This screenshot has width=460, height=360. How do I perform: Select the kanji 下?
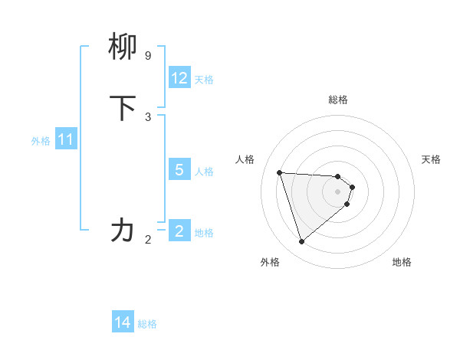(x=123, y=108)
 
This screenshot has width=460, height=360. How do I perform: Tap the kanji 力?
(x=123, y=230)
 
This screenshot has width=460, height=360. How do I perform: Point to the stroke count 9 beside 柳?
(x=148, y=56)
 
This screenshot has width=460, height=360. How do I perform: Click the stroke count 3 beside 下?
(x=148, y=116)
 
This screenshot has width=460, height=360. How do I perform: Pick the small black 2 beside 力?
(x=148, y=240)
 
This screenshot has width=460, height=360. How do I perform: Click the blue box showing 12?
(x=179, y=78)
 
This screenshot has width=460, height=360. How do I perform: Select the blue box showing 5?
(x=179, y=169)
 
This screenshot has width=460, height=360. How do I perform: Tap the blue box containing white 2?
(x=179, y=231)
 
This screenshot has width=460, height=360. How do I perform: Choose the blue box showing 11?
(x=66, y=139)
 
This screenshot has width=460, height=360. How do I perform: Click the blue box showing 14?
(x=123, y=322)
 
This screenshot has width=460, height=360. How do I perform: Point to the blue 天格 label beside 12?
(x=203, y=80)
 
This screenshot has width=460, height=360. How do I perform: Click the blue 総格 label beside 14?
(x=147, y=324)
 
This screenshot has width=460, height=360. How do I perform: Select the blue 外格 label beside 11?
(x=41, y=141)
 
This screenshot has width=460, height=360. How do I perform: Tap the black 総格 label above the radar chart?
(x=338, y=100)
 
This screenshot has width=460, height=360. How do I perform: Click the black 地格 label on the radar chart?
(x=402, y=262)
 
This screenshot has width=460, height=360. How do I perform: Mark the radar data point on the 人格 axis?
(x=280, y=172)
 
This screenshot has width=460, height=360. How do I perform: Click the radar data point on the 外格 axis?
(x=301, y=242)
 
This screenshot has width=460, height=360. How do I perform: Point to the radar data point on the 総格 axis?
(x=338, y=176)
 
